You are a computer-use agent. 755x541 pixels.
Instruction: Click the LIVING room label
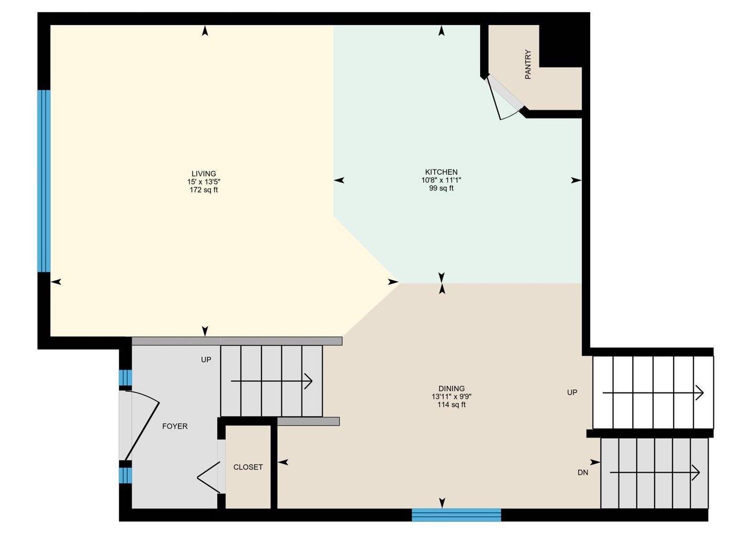(x=203, y=174)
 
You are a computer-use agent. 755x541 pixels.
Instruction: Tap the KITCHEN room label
(x=441, y=172)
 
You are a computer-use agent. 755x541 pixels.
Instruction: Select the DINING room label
(x=451, y=388)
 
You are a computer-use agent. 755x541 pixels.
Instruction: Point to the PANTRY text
(x=528, y=64)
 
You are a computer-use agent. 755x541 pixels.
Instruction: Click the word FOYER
(x=175, y=426)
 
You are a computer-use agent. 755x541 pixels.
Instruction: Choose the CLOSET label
(x=248, y=467)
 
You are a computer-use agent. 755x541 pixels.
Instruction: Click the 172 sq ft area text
(x=203, y=190)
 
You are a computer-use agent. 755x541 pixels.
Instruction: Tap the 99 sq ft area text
(x=441, y=188)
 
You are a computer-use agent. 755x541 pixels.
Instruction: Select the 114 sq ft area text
(x=451, y=405)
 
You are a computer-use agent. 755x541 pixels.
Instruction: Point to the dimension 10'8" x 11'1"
(x=441, y=180)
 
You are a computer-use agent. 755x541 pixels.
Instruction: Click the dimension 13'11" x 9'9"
(x=451, y=397)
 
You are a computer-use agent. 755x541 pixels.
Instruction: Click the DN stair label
(x=583, y=473)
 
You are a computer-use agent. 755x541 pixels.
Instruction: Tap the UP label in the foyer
(x=206, y=360)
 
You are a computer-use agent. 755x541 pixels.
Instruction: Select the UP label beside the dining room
(x=572, y=392)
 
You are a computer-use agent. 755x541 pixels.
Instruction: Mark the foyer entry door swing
(x=141, y=426)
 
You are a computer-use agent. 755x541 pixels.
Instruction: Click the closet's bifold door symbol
(x=209, y=476)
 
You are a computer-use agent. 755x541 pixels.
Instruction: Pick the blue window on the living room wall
(x=44, y=181)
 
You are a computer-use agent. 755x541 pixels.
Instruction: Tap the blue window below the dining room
(x=456, y=515)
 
